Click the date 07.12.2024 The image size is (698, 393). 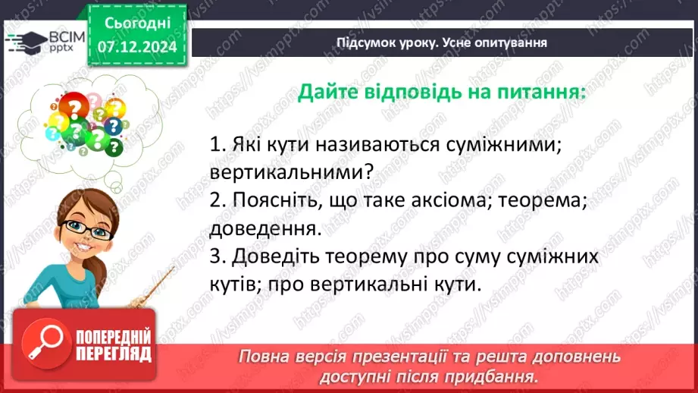click(136, 46)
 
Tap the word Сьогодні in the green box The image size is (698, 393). click(137, 24)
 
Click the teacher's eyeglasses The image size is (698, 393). click(81, 227)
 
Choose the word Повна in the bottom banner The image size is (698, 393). click(262, 357)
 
